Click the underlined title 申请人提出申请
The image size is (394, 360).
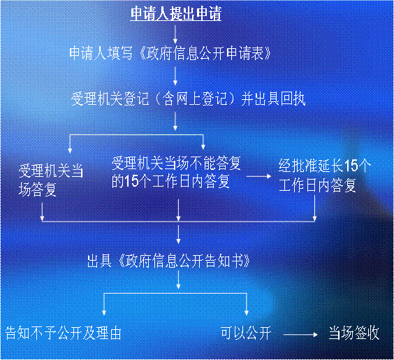click(176, 13)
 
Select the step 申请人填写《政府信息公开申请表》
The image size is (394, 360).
click(170, 53)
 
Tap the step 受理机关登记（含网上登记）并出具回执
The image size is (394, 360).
click(188, 99)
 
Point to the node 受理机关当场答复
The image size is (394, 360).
click(51, 180)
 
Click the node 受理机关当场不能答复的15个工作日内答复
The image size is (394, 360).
click(176, 172)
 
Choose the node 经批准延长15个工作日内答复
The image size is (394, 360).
click(325, 175)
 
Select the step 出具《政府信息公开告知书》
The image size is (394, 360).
click(168, 261)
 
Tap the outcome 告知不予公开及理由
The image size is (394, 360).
click(63, 333)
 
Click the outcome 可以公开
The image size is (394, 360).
click(246, 333)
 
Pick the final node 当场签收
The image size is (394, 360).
click(354, 333)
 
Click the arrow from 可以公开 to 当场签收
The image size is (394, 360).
click(300, 335)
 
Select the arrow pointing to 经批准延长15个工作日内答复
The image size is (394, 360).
click(258, 176)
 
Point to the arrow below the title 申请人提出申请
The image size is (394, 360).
click(175, 34)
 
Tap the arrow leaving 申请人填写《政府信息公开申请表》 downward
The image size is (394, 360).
click(175, 75)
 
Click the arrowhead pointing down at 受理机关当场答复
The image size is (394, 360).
click(70, 150)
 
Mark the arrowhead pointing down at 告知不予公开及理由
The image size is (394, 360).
click(104, 312)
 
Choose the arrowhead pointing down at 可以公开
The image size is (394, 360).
click(247, 312)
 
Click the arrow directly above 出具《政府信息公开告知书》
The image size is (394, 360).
click(178, 234)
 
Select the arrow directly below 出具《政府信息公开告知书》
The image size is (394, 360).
click(178, 280)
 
